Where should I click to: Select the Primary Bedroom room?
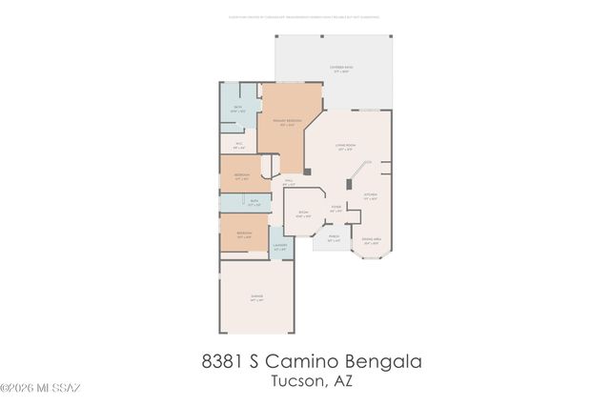[x=285, y=124]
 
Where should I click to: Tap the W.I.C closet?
[x=238, y=147]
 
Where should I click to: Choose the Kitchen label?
[x=371, y=197]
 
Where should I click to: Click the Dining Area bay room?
[x=370, y=242]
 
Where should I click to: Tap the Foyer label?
[x=335, y=208]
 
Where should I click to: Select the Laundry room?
[x=280, y=247]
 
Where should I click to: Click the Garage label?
[x=256, y=297]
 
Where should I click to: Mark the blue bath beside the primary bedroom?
[x=238, y=110]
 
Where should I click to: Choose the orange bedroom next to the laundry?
[x=243, y=234]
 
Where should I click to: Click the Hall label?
[x=289, y=182]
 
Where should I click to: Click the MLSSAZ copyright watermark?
[x=40, y=388]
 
